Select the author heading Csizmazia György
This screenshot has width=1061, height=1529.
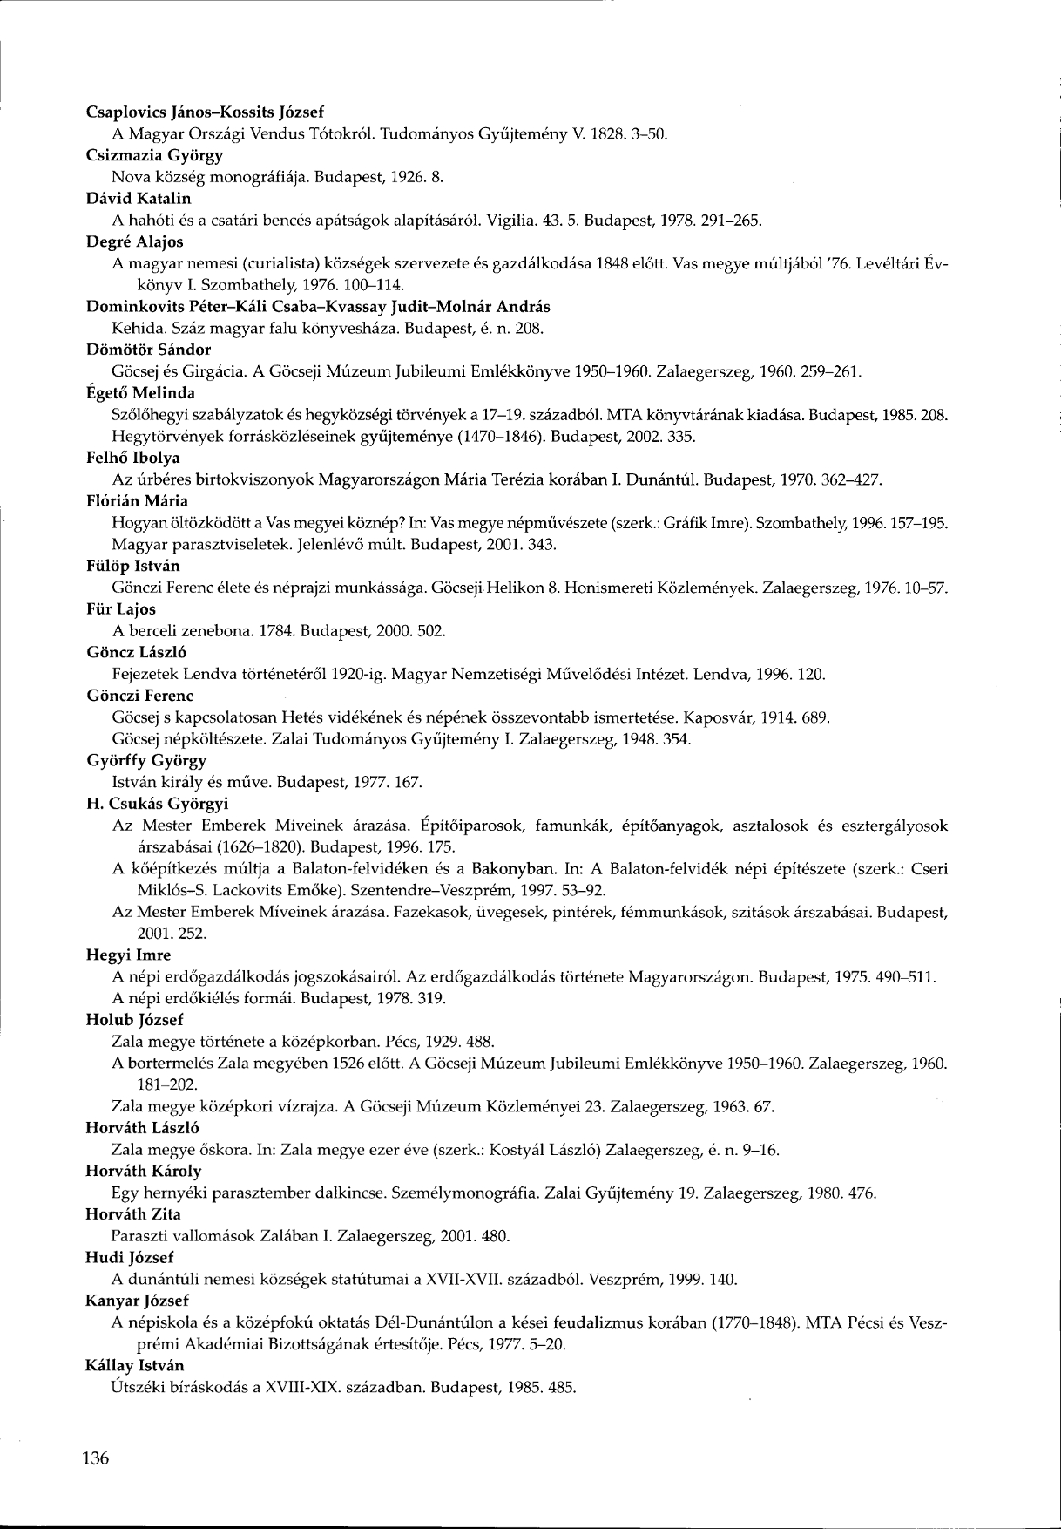point(155,155)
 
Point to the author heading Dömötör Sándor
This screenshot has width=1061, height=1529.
point(149,350)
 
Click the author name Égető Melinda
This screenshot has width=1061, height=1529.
point(141,393)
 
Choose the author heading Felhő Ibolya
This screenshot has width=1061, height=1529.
point(133,457)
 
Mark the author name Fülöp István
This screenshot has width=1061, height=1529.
point(133,566)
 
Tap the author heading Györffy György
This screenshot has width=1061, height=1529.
point(146,759)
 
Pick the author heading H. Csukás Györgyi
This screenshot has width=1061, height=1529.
point(156,803)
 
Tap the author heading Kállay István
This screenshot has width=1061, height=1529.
point(135,1364)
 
